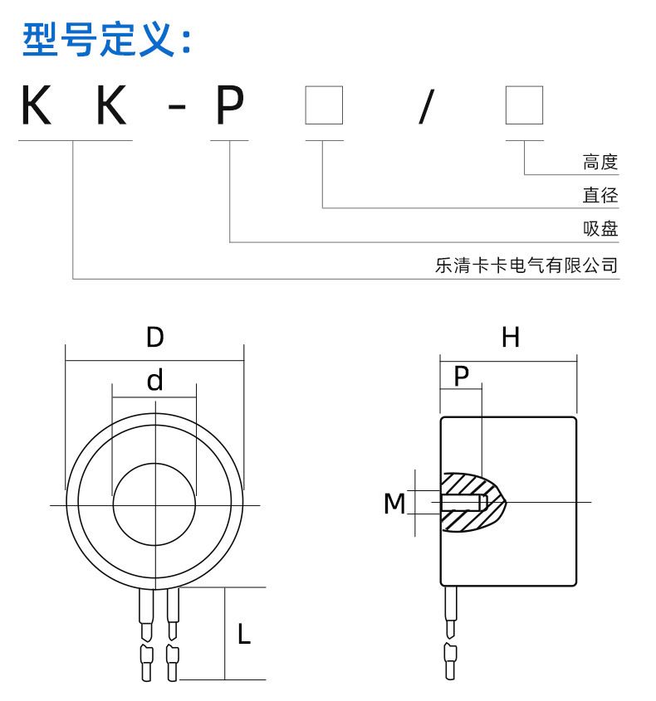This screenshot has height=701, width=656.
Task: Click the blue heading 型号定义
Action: [x=107, y=41]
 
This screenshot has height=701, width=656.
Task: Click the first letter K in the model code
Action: [x=40, y=106]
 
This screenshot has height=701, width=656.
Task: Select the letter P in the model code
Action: [x=229, y=106]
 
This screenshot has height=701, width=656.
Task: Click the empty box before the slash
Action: [x=324, y=105]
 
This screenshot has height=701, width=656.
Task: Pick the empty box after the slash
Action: [x=525, y=105]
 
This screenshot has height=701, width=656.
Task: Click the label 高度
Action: [x=600, y=162]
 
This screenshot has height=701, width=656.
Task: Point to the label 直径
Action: [x=600, y=196]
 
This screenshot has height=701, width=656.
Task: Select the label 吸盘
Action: [x=600, y=230]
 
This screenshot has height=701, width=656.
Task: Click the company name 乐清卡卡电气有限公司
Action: [x=526, y=266]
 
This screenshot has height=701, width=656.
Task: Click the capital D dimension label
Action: [x=154, y=338]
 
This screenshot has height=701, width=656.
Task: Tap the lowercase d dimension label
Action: [x=154, y=381]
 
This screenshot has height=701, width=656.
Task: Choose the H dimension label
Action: [x=510, y=338]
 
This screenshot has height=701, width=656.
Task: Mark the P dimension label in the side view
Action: [x=461, y=376]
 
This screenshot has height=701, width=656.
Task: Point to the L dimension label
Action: [x=243, y=635]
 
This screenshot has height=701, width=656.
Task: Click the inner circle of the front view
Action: [x=154, y=504]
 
